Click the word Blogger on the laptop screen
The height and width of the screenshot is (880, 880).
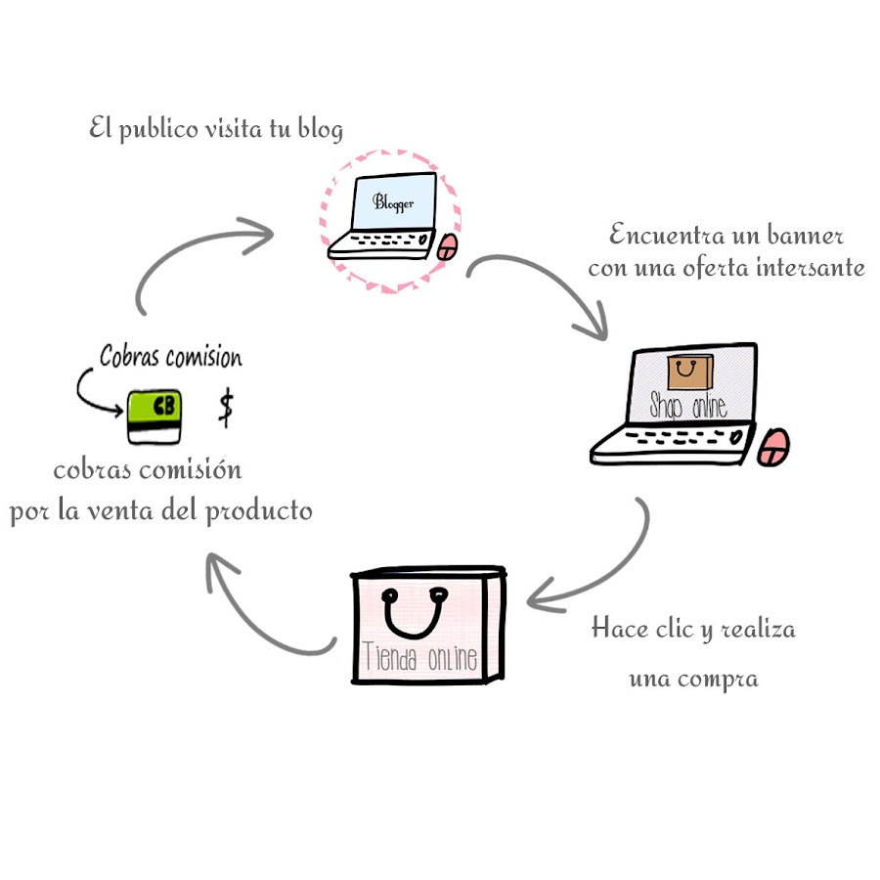[x=393, y=203]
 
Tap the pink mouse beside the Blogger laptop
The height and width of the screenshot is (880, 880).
[x=446, y=246]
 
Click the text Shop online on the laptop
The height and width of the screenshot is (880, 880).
[x=687, y=404]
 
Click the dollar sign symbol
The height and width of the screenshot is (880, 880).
[x=226, y=408]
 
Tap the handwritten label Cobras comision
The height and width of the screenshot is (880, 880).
[x=170, y=358]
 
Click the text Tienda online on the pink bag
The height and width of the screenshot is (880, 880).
[x=420, y=658]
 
